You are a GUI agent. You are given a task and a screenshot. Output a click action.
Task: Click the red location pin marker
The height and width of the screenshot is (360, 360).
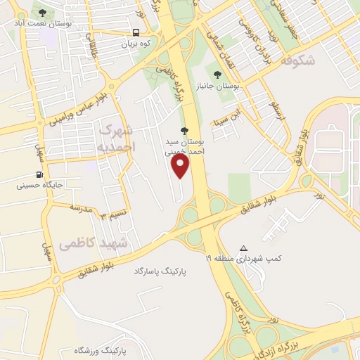tap(181, 166)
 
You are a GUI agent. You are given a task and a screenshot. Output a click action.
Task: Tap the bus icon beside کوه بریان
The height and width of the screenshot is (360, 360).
tap(136, 32)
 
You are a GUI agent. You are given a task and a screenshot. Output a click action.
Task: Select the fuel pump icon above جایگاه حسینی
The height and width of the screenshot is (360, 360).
tap(39, 175)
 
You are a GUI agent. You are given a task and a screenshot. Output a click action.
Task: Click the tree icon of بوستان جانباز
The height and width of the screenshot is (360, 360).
tap(217, 74)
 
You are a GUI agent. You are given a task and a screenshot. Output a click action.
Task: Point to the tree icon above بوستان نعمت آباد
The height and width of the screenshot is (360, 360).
tap(42, 13)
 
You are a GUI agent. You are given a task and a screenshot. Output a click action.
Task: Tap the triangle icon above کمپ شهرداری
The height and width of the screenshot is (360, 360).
tap(244, 248)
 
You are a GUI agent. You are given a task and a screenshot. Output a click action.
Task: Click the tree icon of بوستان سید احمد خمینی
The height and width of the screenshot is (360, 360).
tap(185, 130)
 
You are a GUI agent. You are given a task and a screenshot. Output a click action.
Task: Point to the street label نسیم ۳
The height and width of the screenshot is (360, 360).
tap(115, 213)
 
